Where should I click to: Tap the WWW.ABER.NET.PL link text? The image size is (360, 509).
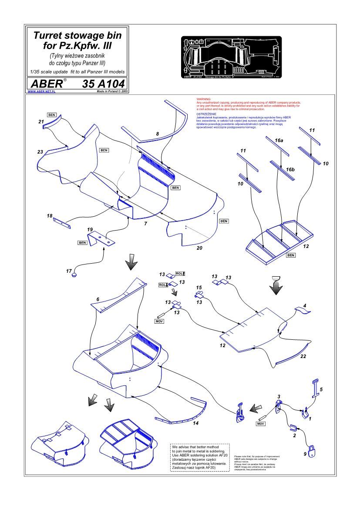click(41, 92)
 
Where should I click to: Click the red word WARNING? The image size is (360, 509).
click(204, 100)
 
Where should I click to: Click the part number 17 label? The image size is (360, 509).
click(69, 271)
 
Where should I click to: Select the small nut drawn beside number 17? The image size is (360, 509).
click(74, 275)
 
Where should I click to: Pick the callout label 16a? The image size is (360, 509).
click(279, 141)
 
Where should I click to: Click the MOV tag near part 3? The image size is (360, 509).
click(261, 423)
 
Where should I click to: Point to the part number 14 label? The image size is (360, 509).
click(195, 423)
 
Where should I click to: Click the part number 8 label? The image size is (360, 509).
click(157, 134)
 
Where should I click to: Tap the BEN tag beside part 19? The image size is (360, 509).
click(83, 242)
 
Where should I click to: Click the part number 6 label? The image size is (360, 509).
click(98, 300)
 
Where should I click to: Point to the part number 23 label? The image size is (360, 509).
click(40, 152)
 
